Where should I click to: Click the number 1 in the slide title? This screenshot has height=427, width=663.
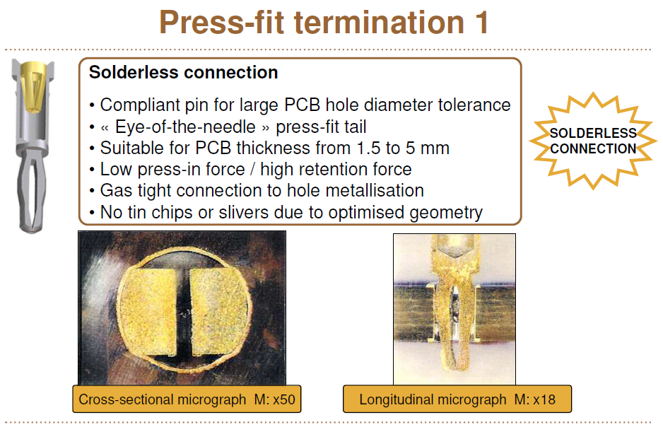pyautogui.click(x=481, y=23)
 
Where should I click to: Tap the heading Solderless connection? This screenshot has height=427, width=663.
pyautogui.click(x=183, y=72)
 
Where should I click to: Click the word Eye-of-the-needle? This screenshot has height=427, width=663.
pyautogui.click(x=185, y=127)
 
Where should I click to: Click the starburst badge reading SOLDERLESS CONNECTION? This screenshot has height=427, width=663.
pyautogui.click(x=593, y=141)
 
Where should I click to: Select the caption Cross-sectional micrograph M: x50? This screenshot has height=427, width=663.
pyautogui.click(x=187, y=399)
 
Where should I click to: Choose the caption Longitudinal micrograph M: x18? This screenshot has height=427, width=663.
pyautogui.click(x=457, y=399)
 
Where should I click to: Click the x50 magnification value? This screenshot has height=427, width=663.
pyautogui.click(x=283, y=399)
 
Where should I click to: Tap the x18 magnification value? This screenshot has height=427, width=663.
pyautogui.click(x=544, y=399)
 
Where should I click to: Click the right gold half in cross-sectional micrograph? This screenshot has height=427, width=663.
pyautogui.click(x=218, y=311)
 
